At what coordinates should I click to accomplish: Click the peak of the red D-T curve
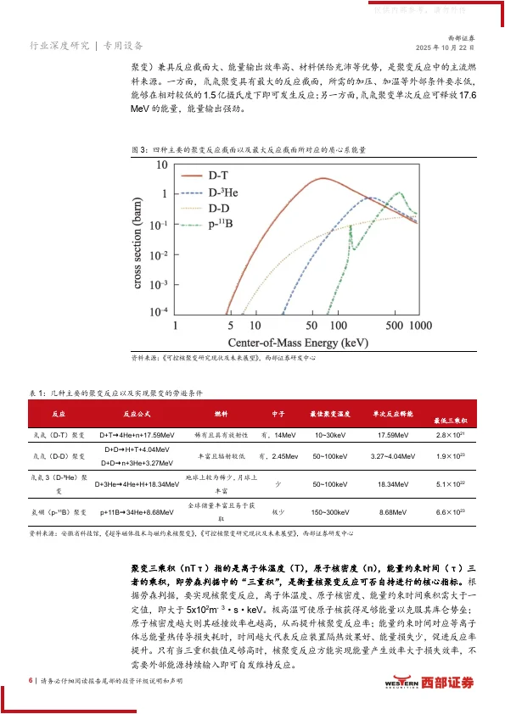pyautogui.click(x=320, y=179)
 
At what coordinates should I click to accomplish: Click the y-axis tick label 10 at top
pyautogui.click(x=160, y=165)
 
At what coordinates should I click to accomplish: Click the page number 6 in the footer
pyautogui.click(x=31, y=680)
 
